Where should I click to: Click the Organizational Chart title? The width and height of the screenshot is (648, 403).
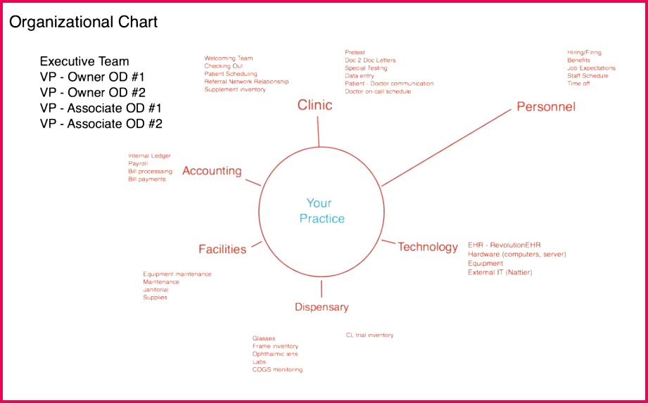pyautogui.click(x=83, y=23)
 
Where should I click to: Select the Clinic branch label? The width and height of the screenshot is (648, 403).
pyautogui.click(x=315, y=105)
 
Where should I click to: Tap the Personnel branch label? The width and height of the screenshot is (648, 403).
pyautogui.click(x=546, y=106)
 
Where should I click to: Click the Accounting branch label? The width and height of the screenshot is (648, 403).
pyautogui.click(x=212, y=171)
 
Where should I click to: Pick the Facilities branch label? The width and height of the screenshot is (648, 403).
pyautogui.click(x=222, y=249)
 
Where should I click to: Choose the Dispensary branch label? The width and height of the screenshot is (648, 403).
pyautogui.click(x=322, y=307)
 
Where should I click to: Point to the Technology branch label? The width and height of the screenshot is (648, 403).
pyautogui.click(x=428, y=247)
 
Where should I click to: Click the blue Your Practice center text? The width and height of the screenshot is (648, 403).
pyautogui.click(x=322, y=210)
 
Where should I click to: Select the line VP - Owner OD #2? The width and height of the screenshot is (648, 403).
pyautogui.click(x=93, y=93)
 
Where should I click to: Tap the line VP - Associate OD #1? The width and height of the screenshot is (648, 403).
pyautogui.click(x=101, y=108)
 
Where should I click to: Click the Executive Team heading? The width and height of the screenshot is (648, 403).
pyautogui.click(x=84, y=61)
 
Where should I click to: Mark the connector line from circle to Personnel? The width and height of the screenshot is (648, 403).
pyautogui.click(x=446, y=148)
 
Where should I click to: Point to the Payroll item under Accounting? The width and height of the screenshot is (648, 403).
pyautogui.click(x=138, y=163)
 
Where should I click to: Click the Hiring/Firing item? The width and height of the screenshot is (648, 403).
pyautogui.click(x=584, y=53)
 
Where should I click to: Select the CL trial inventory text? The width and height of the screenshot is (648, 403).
pyautogui.click(x=369, y=335)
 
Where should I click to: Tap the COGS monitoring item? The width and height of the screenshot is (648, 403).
pyautogui.click(x=277, y=369)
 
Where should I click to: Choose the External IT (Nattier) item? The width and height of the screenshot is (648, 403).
pyautogui.click(x=500, y=272)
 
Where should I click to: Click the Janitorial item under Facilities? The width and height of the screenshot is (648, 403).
pyautogui.click(x=155, y=290)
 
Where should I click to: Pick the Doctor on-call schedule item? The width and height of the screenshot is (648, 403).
pyautogui.click(x=378, y=91)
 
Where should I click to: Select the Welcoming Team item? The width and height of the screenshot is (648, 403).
pyautogui.click(x=228, y=58)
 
